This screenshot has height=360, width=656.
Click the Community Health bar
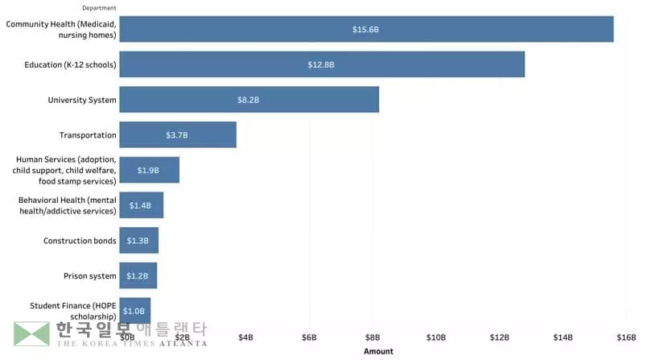coord(366,29)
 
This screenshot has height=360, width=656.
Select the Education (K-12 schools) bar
coord(322,64)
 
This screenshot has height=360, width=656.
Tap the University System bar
coord(249,100)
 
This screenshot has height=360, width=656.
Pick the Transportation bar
coord(178,134)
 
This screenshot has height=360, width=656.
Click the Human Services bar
coord(149,170)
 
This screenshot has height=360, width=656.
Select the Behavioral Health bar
coord(141,205)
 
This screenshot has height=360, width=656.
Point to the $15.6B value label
coord(365,29)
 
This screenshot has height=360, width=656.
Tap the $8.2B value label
coord(248,100)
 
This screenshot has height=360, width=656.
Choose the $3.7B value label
coord(177,135)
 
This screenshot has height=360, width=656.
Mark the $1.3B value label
coord(138,241)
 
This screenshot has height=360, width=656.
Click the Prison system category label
coord(90,276)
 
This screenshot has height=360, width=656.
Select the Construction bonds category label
coord(80,241)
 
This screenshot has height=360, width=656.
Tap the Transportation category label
coord(88,135)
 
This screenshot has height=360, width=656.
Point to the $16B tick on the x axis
coord(626,337)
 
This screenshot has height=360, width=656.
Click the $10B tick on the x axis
coord(436,337)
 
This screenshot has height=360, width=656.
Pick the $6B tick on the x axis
coord(309,337)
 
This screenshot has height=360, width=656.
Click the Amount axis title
coord(378,351)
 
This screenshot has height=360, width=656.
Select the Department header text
coord(98,8)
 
